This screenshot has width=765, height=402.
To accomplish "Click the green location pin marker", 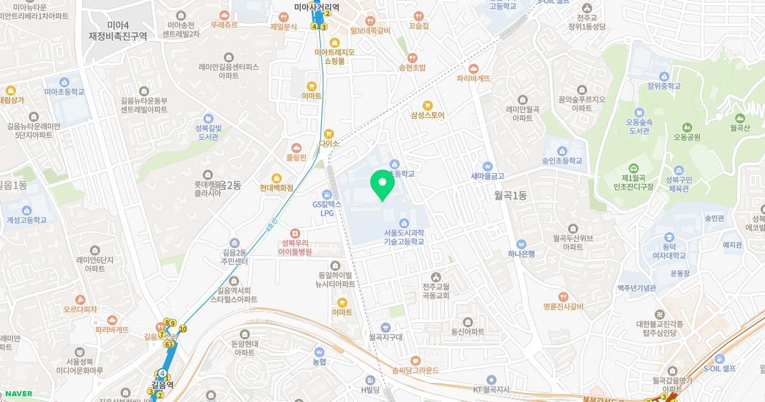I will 382,186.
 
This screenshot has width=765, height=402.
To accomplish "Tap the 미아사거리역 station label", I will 316,8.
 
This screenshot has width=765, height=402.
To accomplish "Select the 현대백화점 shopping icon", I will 277,178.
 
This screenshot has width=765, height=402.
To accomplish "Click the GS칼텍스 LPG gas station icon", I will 327,194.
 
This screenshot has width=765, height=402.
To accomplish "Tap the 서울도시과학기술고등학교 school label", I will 404,237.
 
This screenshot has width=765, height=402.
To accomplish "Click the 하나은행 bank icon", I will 521,244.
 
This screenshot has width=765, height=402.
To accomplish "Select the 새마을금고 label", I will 488,175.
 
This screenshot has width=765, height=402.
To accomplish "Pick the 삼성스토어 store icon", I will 427,105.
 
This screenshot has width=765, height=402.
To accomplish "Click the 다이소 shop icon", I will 329,134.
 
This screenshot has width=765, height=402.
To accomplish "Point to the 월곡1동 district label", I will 511,195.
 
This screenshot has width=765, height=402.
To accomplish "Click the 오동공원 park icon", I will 687,127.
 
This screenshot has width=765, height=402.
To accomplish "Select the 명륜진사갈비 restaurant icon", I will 564,297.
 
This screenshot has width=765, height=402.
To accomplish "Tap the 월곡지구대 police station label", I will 386,337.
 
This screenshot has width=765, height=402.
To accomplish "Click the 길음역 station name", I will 162,385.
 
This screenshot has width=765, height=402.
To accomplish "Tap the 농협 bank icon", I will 319,352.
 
